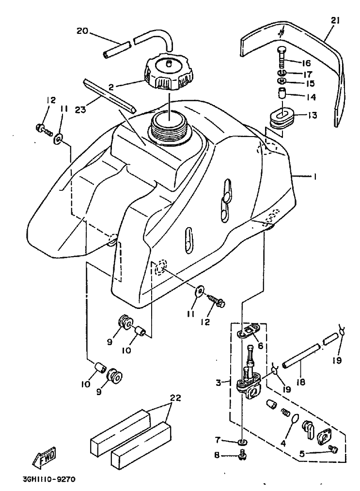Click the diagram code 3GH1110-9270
click(49, 479)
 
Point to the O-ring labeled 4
click(294, 423)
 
